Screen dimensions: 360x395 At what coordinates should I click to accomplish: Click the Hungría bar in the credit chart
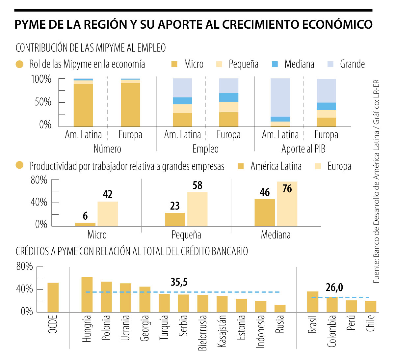pos(87,294)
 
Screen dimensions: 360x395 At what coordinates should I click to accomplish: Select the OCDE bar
pos(53,297)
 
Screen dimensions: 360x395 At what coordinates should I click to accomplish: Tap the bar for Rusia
pos(280,308)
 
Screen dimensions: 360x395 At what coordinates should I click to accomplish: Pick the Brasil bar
pos(313,302)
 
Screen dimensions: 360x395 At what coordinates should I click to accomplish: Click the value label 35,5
pos(179,282)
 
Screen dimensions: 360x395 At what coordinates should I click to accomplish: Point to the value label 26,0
pos(334,288)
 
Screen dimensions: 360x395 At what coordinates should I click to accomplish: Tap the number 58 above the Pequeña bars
pos(197,185)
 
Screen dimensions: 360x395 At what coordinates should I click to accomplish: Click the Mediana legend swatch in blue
pos(275,64)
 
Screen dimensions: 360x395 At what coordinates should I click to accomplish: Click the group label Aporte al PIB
pos(303,149)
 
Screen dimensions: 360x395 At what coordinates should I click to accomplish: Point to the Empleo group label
pos(205,149)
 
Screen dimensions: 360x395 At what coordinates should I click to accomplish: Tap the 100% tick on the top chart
pos(41,79)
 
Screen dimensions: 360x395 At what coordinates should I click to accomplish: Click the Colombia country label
pos(332,331)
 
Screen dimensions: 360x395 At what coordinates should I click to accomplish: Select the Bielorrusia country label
pos(203,333)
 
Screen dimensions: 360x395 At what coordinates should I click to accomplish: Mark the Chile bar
pos(371,306)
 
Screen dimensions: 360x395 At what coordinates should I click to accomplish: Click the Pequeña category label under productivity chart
pos(186,235)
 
